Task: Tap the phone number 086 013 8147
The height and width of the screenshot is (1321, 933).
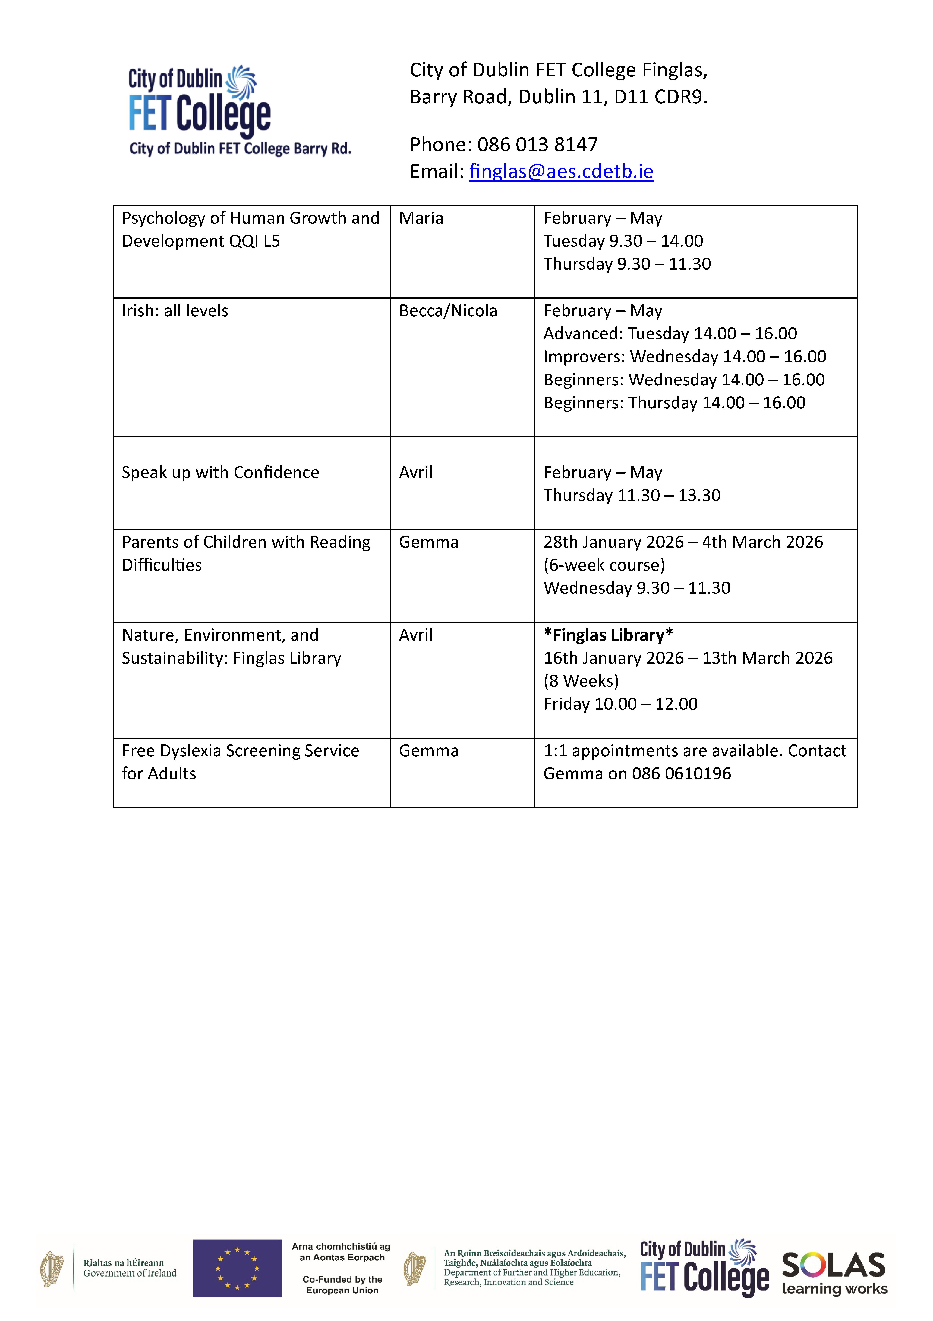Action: point(537,144)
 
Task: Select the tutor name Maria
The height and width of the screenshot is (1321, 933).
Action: point(421,218)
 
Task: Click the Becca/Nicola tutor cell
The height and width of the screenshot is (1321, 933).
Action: point(448,311)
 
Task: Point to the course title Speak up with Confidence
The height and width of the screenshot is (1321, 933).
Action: point(220,472)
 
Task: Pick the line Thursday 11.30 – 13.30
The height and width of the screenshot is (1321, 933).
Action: point(632,495)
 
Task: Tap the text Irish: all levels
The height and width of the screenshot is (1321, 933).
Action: point(175,311)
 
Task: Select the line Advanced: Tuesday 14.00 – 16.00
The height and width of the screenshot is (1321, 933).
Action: point(670,334)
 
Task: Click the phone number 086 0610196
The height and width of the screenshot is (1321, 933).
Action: point(681,774)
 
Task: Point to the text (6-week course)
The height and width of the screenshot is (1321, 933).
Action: point(604,565)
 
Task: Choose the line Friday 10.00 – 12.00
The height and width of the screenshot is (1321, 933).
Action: point(620,704)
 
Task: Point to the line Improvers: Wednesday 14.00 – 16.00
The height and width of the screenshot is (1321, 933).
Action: point(685,357)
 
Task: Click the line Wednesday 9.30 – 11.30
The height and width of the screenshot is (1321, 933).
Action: point(637,588)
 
